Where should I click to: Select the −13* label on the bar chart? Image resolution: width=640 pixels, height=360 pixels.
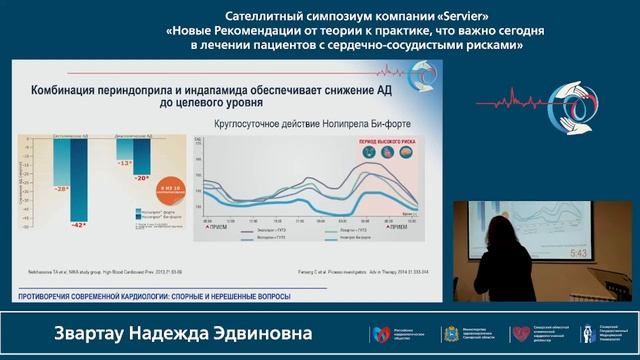124,163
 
